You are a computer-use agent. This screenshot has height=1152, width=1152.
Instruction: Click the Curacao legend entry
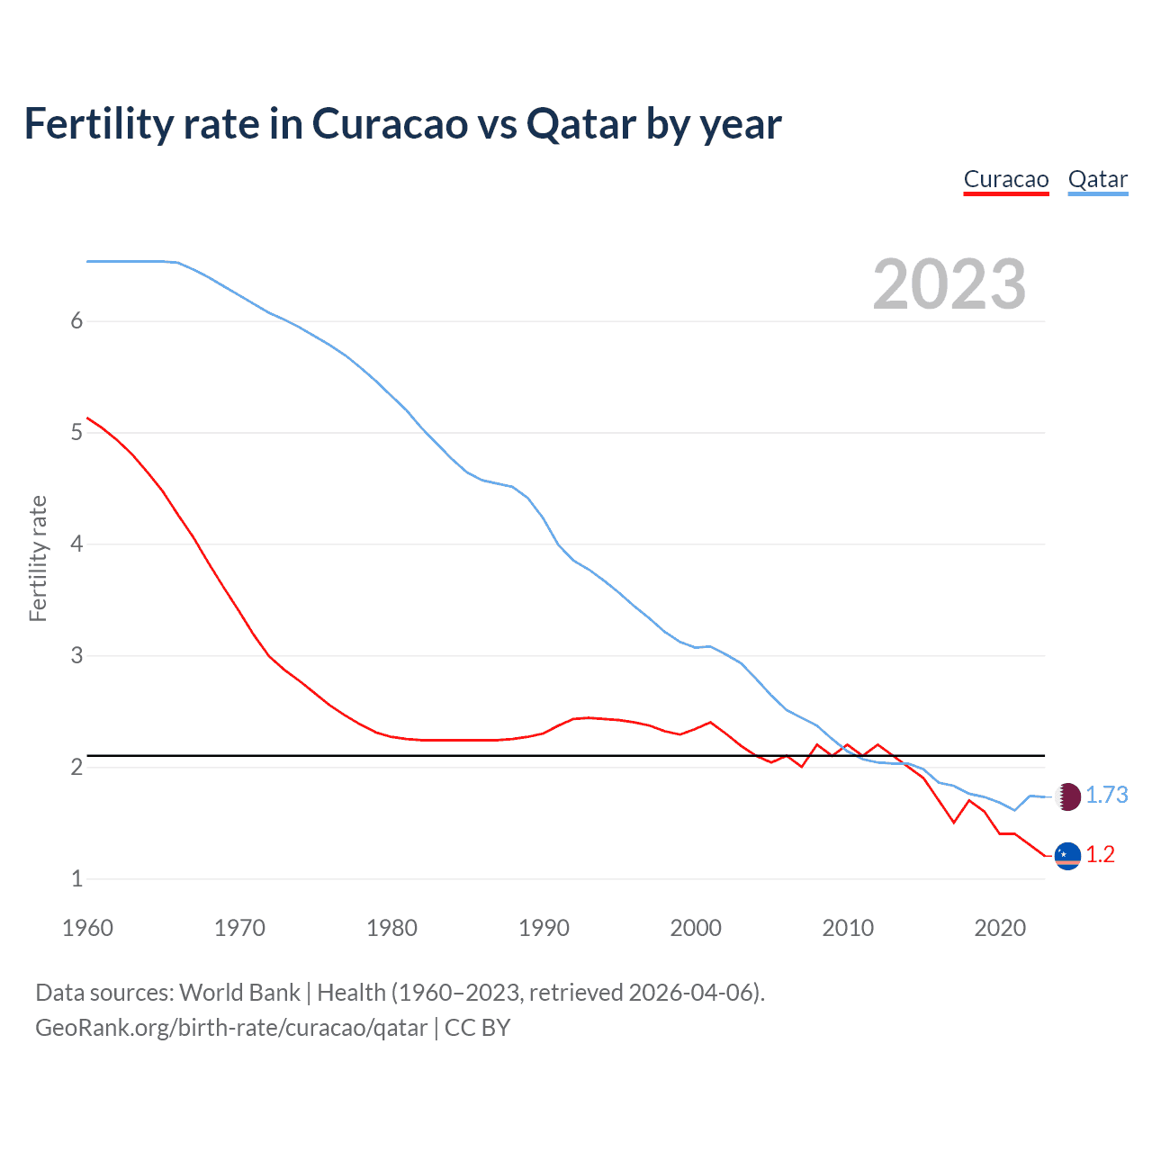[1005, 179]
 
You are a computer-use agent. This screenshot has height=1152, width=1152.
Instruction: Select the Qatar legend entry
[1097, 179]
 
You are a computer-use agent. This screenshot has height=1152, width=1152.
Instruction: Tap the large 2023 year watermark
[949, 284]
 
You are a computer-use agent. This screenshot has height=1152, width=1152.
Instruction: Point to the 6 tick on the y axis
[76, 321]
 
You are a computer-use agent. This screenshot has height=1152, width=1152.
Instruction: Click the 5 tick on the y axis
[76, 433]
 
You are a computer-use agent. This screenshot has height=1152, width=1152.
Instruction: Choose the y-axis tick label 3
[76, 656]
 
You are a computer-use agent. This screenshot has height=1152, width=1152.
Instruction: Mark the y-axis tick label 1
[76, 879]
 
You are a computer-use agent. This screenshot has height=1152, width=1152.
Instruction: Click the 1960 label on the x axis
[87, 928]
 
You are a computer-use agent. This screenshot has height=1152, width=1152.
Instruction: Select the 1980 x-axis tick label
[391, 928]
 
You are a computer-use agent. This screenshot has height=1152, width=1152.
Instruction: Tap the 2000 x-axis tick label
[695, 928]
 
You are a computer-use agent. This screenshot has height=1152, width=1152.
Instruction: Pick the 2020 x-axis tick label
[999, 928]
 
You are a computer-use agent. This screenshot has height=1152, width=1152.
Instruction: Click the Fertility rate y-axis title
[38, 558]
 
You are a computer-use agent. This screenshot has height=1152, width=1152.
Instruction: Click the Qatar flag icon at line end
[1067, 796]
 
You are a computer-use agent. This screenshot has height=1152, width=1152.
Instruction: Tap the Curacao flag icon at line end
[1067, 856]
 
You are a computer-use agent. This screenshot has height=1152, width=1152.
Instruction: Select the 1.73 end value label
[1106, 796]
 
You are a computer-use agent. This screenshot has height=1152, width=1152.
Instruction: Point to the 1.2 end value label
[1100, 855]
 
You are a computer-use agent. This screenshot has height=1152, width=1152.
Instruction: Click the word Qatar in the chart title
[580, 123]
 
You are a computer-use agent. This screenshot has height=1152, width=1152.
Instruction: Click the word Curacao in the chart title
[389, 123]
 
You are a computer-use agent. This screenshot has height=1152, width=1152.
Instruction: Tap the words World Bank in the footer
[239, 993]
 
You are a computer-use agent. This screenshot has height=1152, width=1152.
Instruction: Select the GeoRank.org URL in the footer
[231, 1028]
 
